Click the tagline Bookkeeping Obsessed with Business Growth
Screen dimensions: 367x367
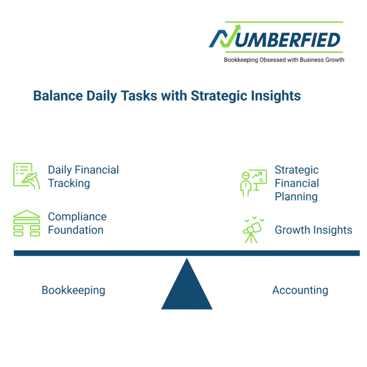[284, 60]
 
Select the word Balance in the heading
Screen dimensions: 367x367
[58, 96]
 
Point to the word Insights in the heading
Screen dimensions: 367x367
[276, 96]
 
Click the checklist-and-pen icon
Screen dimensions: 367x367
[27, 176]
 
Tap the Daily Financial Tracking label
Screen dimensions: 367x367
[83, 176]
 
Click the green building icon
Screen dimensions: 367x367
[27, 223]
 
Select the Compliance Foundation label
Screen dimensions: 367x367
[77, 223]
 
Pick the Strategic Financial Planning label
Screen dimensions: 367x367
[297, 183]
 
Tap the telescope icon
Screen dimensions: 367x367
[253, 230]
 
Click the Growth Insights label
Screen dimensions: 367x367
[313, 230]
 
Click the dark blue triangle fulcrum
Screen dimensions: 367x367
[187, 288]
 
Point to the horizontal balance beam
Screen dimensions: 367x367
[187, 253]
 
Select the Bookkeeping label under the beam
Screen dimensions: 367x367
[73, 290]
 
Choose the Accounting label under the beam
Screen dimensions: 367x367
[300, 290]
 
